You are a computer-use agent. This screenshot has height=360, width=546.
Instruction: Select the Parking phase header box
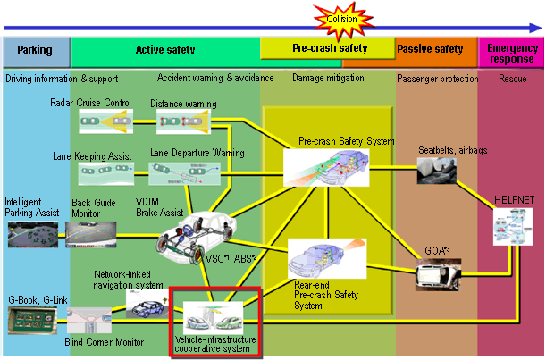coord(35,50)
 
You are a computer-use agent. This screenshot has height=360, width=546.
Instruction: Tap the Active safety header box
coord(165,50)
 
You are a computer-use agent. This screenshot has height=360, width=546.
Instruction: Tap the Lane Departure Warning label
coord(197,154)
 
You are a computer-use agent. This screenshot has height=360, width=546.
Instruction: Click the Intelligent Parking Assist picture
coord(33,233)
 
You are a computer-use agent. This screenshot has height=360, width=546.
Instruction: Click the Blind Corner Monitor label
coord(105,341)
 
